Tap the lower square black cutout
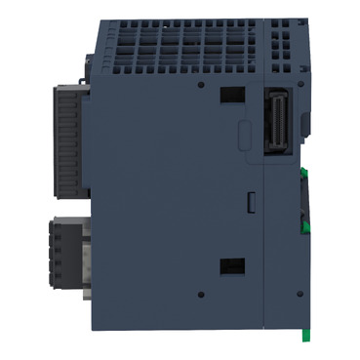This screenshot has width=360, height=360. coord(231,264)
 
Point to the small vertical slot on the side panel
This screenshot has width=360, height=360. coord(249,203)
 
